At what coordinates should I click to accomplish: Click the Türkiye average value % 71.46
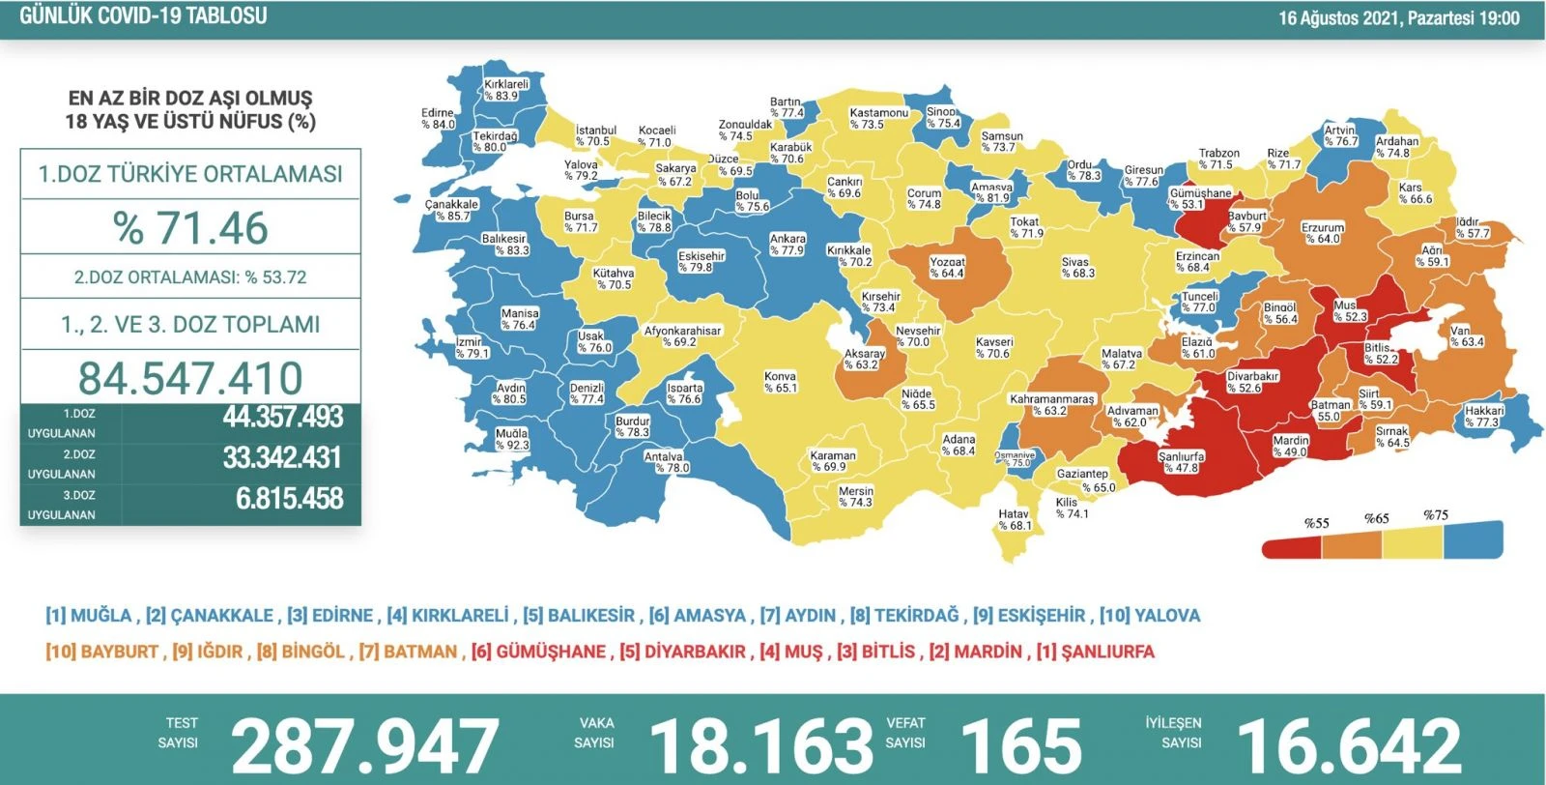click(191, 229)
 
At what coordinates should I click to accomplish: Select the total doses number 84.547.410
click(191, 378)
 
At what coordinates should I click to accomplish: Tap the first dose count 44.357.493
click(283, 418)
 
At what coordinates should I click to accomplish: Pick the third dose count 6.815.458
click(289, 499)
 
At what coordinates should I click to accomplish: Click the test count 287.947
click(364, 745)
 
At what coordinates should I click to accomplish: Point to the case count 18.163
click(760, 745)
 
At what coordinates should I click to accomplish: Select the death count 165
click(1020, 745)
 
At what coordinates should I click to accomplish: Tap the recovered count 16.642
click(1349, 745)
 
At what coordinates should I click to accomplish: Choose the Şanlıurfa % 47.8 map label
click(1181, 462)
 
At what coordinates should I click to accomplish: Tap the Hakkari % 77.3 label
click(1483, 417)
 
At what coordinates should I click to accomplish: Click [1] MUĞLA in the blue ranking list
click(88, 616)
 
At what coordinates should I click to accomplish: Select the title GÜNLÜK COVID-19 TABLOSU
click(143, 16)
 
